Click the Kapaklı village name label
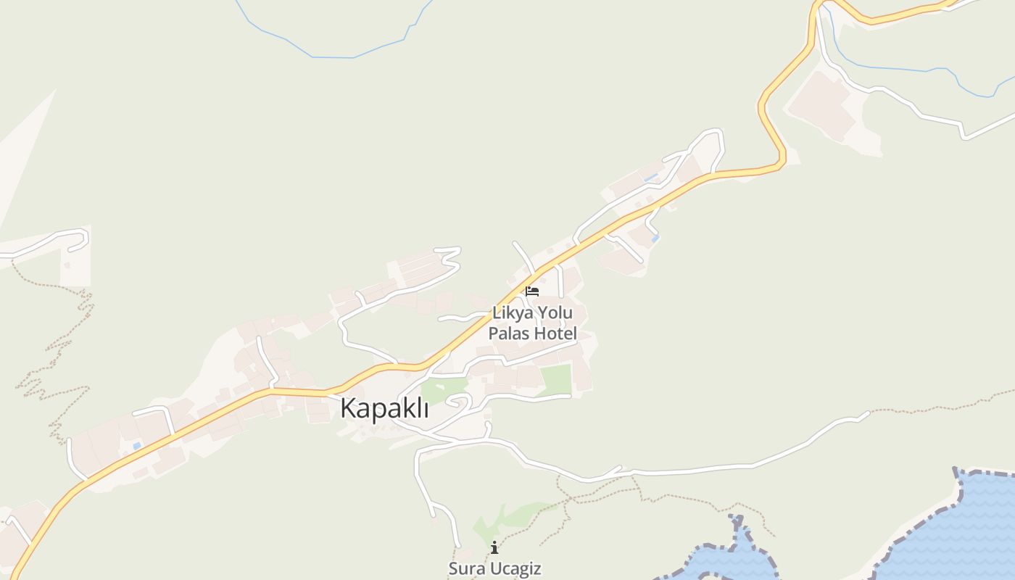[384, 408]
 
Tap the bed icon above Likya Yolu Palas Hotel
[532, 291]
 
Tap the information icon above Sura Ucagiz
[494, 547]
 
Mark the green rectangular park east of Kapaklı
[556, 380]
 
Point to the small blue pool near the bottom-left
[136, 446]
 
